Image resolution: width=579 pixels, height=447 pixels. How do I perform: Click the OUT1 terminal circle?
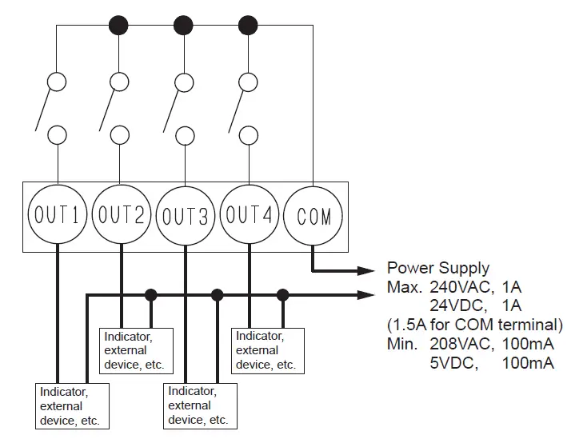[57, 214]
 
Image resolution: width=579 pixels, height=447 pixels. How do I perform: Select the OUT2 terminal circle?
[121, 214]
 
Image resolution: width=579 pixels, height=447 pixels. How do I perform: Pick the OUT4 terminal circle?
[250, 214]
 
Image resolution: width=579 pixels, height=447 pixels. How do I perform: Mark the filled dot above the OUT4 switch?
[249, 24]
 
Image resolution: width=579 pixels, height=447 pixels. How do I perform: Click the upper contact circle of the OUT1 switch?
[57, 82]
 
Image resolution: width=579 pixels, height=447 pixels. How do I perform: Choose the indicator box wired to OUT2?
[134, 350]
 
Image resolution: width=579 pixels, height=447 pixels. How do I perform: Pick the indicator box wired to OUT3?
[199, 406]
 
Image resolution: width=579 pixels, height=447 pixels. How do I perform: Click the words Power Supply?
[438, 268]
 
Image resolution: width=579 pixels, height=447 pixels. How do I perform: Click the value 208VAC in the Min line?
[460, 345]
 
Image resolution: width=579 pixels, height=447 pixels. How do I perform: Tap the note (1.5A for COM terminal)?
[475, 325]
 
